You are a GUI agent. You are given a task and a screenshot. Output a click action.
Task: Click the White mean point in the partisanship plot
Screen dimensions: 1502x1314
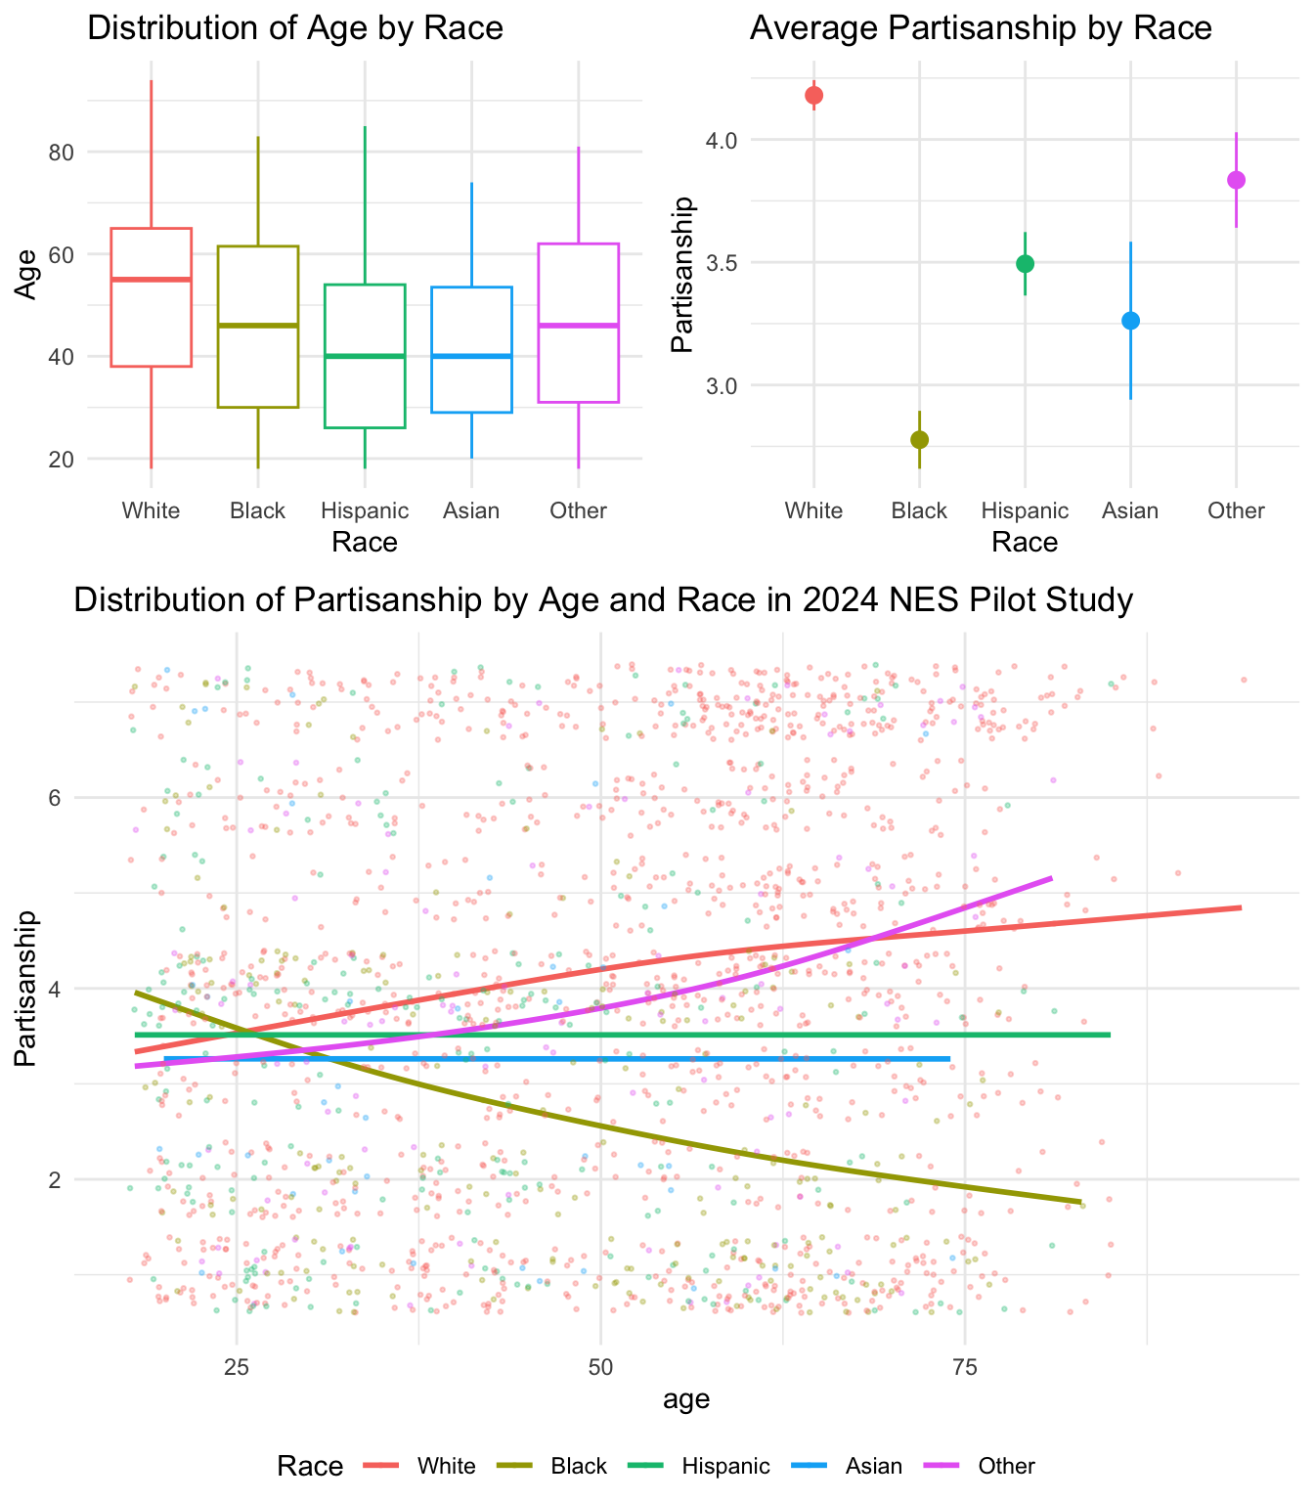pyautogui.click(x=813, y=95)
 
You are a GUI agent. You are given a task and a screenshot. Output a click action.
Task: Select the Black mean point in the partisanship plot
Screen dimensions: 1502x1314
pyautogui.click(x=919, y=439)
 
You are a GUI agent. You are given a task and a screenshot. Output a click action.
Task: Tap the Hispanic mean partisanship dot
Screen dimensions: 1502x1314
pyautogui.click(x=1025, y=263)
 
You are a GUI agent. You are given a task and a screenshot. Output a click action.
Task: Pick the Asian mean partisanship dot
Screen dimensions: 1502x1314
pyautogui.click(x=1130, y=321)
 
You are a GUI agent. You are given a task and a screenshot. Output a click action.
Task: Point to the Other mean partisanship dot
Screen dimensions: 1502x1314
pyautogui.click(x=1236, y=180)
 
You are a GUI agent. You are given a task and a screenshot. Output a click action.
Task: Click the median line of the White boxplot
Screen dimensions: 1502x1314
pyautogui.click(x=151, y=280)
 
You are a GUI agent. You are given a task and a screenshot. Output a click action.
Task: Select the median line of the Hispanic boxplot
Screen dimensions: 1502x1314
pyautogui.click(x=365, y=356)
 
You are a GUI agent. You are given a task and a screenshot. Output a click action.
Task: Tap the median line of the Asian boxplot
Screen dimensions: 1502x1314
pyautogui.click(x=471, y=356)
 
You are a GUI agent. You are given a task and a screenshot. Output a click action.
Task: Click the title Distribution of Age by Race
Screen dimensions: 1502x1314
pyautogui.click(x=295, y=27)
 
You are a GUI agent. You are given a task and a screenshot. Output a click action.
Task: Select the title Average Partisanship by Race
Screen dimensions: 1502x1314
pyautogui.click(x=981, y=27)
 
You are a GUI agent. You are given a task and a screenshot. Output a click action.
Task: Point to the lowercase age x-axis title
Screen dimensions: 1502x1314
pyautogui.click(x=686, y=1399)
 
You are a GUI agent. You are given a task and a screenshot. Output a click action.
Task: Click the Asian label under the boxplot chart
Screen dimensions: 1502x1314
pyautogui.click(x=471, y=510)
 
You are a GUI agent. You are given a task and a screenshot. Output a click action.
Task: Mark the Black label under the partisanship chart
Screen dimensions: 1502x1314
pyautogui.click(x=920, y=510)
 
